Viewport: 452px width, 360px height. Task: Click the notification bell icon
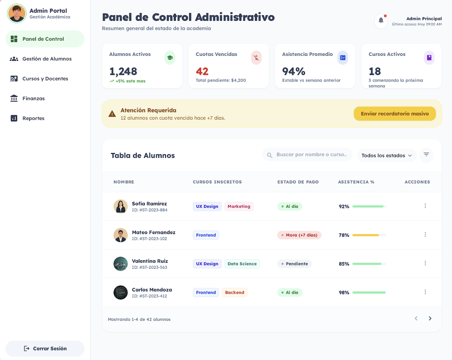pos(381,21)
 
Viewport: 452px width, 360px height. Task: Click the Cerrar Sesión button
pos(45,349)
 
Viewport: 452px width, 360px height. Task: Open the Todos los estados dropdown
pos(386,156)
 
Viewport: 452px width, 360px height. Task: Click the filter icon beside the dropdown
pos(426,155)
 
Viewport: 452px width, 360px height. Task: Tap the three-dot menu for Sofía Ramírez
pos(425,206)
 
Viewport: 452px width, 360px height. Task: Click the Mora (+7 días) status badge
pos(299,235)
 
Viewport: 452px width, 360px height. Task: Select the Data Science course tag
pos(242,264)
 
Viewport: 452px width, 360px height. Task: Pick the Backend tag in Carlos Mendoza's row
pos(235,293)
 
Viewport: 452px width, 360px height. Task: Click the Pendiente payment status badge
pos(294,264)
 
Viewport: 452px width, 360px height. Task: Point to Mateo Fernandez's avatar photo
pos(121,235)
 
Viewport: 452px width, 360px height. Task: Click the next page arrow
pos(430,319)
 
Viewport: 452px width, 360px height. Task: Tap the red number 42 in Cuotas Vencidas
pos(202,72)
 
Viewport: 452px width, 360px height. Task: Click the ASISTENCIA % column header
pos(356,182)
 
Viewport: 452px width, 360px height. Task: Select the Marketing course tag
pos(239,206)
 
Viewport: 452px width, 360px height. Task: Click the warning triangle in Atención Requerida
pos(112,114)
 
